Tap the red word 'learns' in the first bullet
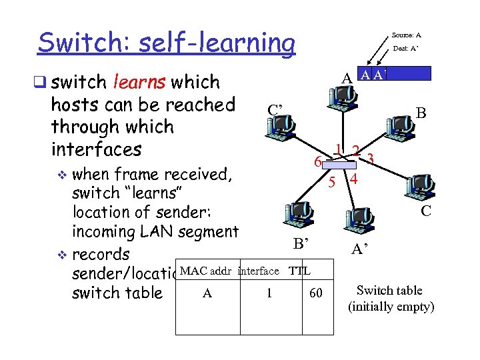click(139, 83)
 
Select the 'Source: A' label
click(406, 35)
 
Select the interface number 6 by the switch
click(318, 161)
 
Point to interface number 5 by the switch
click(331, 181)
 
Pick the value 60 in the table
click(316, 293)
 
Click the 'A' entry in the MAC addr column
click(207, 293)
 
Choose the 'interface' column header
click(259, 271)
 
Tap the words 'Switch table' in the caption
click(389, 291)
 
